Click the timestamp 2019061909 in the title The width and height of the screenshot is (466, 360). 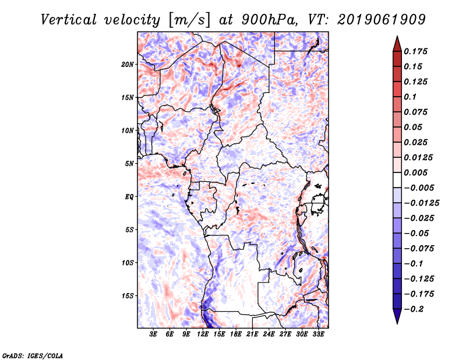coord(376,19)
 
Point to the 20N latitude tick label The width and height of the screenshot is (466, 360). coord(128,64)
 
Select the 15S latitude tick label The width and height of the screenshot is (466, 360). coord(128,296)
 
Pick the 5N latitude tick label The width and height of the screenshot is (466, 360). coord(129,164)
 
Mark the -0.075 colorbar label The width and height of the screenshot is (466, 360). coord(421,249)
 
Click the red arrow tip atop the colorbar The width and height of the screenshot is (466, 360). coord(397,42)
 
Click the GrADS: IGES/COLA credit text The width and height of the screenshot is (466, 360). coord(32,355)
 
